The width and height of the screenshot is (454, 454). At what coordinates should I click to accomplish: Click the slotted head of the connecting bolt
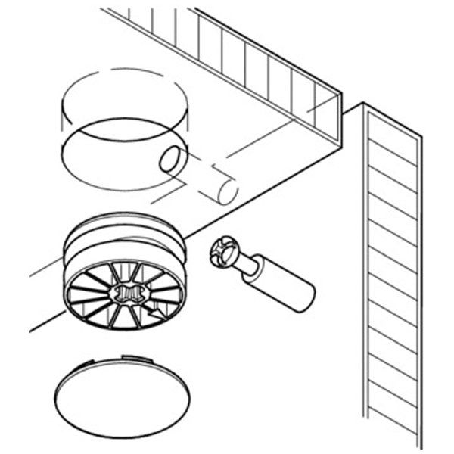[x=224, y=253]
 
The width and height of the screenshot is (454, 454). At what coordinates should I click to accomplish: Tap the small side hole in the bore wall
[x=171, y=159]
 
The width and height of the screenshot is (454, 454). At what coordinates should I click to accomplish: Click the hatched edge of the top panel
[x=227, y=53]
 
